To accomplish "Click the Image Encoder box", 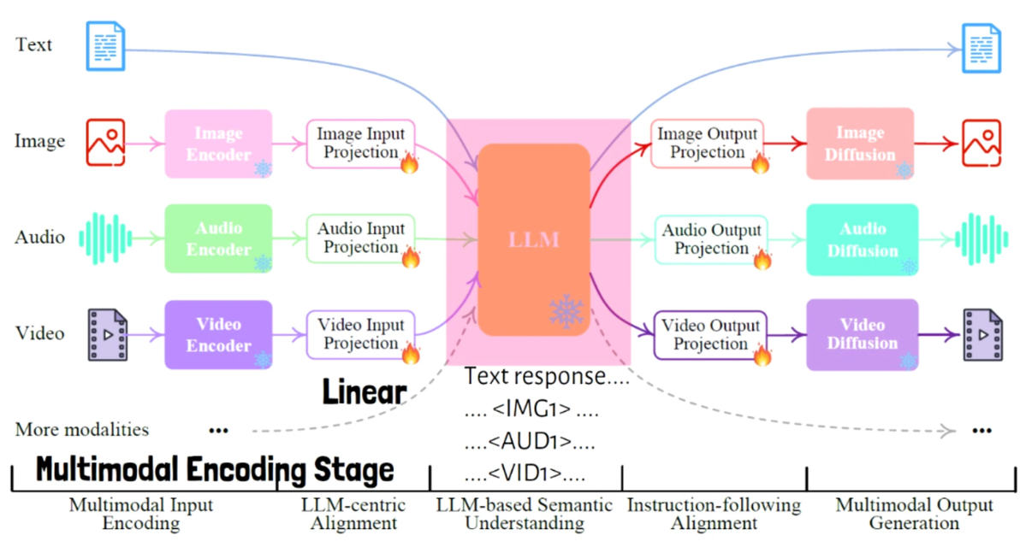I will [218, 144].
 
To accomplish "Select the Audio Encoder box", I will [218, 238].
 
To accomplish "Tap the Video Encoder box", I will [218, 334].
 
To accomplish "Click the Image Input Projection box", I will [360, 143].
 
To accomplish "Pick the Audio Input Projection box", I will [360, 238].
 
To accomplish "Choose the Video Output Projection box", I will [710, 334].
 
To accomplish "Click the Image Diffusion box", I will [860, 144].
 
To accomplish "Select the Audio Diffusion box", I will [862, 239].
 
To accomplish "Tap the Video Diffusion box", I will [862, 334].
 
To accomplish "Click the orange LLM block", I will [534, 238].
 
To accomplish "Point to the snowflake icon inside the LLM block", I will [566, 312].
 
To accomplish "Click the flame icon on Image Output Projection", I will [760, 162].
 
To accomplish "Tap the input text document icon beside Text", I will [106, 45].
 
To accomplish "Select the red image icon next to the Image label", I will [106, 142].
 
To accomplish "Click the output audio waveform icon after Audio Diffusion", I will [981, 238].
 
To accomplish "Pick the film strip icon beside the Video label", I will [108, 334].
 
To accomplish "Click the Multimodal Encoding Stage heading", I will [216, 470].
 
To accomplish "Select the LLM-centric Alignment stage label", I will [353, 514].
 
